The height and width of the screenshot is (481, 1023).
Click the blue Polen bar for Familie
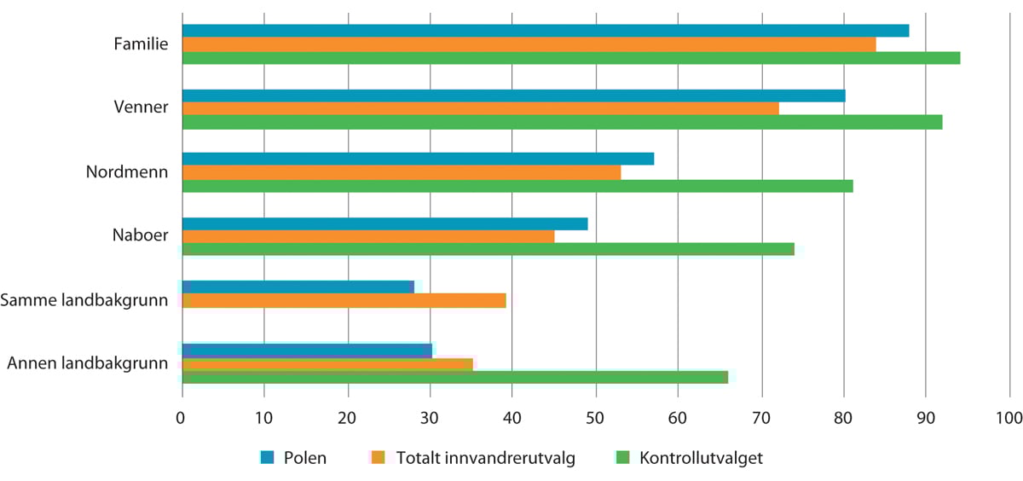coord(546,31)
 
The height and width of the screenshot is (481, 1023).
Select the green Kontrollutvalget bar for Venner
coord(563,122)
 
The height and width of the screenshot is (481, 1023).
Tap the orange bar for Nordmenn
coord(402,172)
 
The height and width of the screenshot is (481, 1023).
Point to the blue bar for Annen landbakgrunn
coord(307,350)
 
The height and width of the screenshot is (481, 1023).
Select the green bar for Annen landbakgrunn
coord(455,377)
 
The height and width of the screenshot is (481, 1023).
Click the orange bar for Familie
coord(529,44)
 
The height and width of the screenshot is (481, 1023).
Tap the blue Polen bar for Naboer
coord(384,223)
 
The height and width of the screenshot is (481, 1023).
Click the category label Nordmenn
coord(126,172)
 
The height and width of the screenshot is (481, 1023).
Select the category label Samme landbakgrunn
coord(84,300)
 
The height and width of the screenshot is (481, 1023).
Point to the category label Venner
coord(141,107)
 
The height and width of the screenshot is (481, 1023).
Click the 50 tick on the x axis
coord(595,418)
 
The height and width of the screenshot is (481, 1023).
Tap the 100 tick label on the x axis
coord(1009,418)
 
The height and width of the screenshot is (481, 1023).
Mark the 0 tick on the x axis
coord(182,418)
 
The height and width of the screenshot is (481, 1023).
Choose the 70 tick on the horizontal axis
coord(760,418)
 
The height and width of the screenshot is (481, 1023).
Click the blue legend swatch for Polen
coord(268,458)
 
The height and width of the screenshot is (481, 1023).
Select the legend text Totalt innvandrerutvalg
coord(485,458)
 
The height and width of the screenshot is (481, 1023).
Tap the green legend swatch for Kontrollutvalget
coord(622,458)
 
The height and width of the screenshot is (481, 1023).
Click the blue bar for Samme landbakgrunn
coord(298,287)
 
